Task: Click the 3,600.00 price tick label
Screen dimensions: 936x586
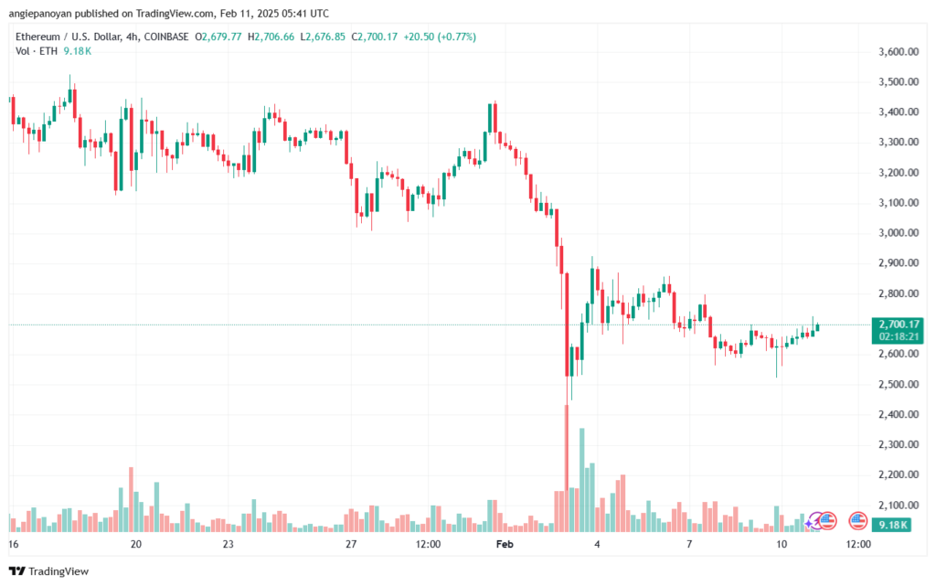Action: pos(899,52)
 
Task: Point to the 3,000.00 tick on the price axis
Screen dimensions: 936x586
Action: pos(899,233)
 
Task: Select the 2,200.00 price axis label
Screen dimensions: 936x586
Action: pos(899,475)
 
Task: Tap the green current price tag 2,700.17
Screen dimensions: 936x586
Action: pos(899,325)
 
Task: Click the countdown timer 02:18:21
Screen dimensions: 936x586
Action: pos(899,336)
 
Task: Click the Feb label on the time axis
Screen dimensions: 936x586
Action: pos(505,544)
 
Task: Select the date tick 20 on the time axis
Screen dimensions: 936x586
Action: pos(136,544)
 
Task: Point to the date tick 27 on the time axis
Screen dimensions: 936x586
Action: pos(351,544)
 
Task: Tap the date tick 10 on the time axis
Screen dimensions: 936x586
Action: pos(782,544)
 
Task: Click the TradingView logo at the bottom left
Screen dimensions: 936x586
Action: pos(49,571)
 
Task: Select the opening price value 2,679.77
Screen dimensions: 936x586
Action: pos(221,37)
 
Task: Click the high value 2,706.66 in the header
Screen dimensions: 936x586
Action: pos(274,37)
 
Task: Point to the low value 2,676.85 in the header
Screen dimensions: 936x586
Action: pos(325,37)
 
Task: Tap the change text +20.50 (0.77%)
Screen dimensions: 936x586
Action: pos(440,37)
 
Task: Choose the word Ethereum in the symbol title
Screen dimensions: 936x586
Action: pos(38,37)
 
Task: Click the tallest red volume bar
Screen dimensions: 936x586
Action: pos(567,468)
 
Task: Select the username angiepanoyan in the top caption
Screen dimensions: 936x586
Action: pos(40,13)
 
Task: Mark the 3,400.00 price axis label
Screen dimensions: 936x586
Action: pos(899,112)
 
